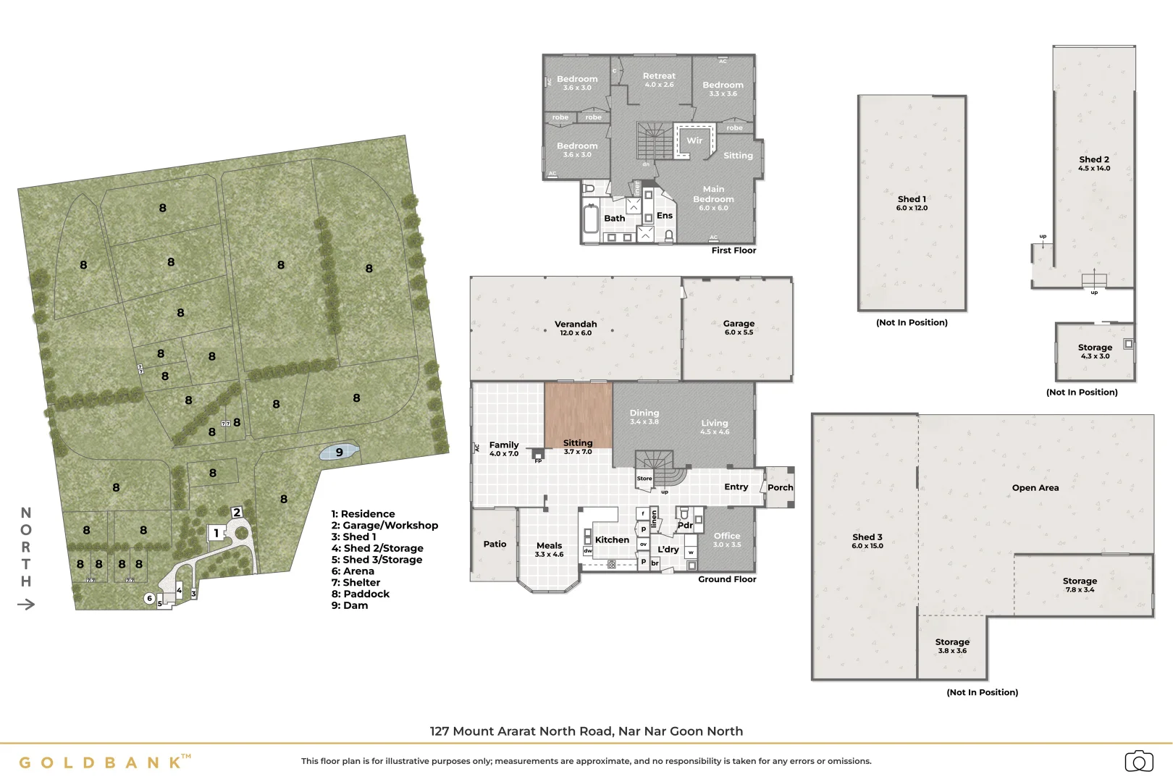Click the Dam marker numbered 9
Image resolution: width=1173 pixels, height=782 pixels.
click(339, 453)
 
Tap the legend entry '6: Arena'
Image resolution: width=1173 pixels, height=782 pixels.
click(353, 571)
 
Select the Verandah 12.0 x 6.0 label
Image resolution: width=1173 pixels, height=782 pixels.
click(576, 328)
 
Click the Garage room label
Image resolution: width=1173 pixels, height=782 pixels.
click(739, 327)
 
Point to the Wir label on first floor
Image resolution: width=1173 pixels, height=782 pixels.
click(694, 140)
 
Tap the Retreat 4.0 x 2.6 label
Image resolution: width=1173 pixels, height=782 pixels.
click(659, 80)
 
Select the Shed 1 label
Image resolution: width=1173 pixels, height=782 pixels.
click(912, 203)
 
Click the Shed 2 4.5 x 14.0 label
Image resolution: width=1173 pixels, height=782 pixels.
click(1093, 163)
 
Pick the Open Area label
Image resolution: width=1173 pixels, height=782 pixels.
click(1035, 488)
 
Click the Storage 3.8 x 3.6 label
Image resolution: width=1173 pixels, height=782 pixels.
click(952, 645)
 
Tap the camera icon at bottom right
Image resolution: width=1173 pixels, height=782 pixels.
click(1138, 762)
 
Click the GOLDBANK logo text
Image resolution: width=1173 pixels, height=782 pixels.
click(101, 762)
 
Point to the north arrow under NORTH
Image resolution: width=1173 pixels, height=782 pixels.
click(26, 605)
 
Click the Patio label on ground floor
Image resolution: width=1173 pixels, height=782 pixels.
click(495, 545)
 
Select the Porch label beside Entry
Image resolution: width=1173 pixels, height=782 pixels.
click(780, 487)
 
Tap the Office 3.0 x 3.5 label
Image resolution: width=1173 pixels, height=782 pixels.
click(727, 539)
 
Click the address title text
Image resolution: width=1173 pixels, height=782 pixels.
click(586, 731)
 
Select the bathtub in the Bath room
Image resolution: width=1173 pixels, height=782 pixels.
click(591, 219)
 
